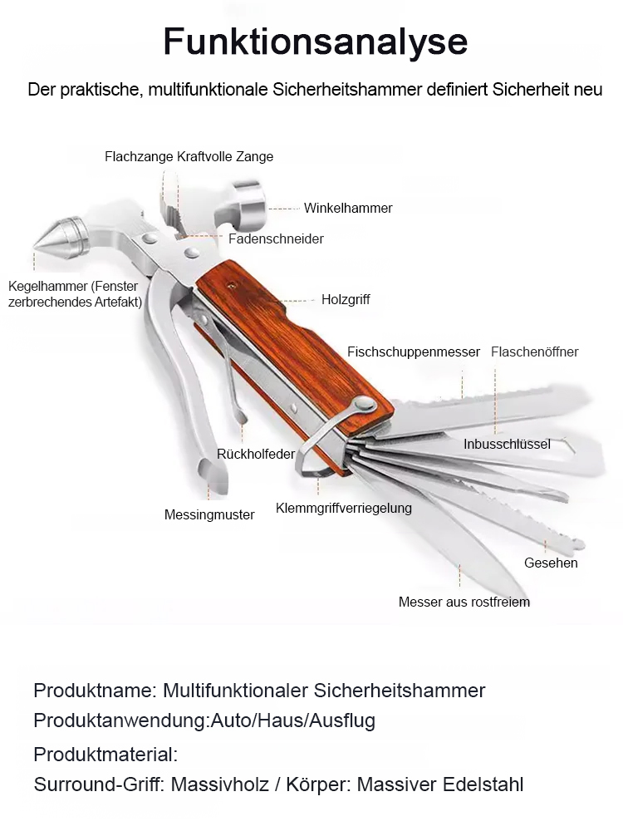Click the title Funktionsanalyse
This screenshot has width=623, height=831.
pyautogui.click(x=315, y=41)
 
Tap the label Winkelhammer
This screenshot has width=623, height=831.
pyautogui.click(x=348, y=208)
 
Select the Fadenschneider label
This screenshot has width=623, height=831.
pyautogui.click(x=276, y=238)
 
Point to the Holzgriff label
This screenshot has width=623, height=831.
pyautogui.click(x=346, y=299)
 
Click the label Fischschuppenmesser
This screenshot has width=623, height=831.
pyautogui.click(x=414, y=352)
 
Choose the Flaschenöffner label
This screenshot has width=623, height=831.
pyautogui.click(x=534, y=352)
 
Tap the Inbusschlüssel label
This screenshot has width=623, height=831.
pyautogui.click(x=507, y=444)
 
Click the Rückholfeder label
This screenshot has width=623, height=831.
pyautogui.click(x=256, y=454)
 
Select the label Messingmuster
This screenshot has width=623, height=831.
pyautogui.click(x=209, y=514)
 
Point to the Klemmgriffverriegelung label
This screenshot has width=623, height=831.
pyautogui.click(x=343, y=508)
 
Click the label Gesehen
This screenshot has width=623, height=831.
pyautogui.click(x=551, y=563)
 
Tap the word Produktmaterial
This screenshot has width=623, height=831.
pyautogui.click(x=105, y=755)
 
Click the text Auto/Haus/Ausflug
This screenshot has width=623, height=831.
pyautogui.click(x=292, y=720)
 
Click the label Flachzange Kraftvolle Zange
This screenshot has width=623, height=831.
pyautogui.click(x=189, y=156)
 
